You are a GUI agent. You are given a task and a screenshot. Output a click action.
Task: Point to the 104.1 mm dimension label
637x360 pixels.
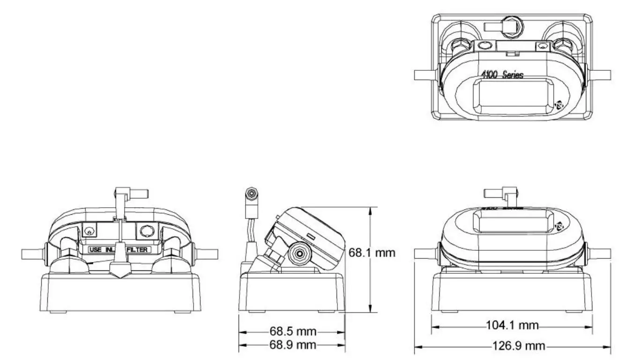(511, 325)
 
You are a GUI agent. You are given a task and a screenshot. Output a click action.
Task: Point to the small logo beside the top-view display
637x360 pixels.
(559, 105)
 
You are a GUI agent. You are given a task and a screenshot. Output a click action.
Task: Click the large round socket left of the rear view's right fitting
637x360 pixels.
(146, 231)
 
